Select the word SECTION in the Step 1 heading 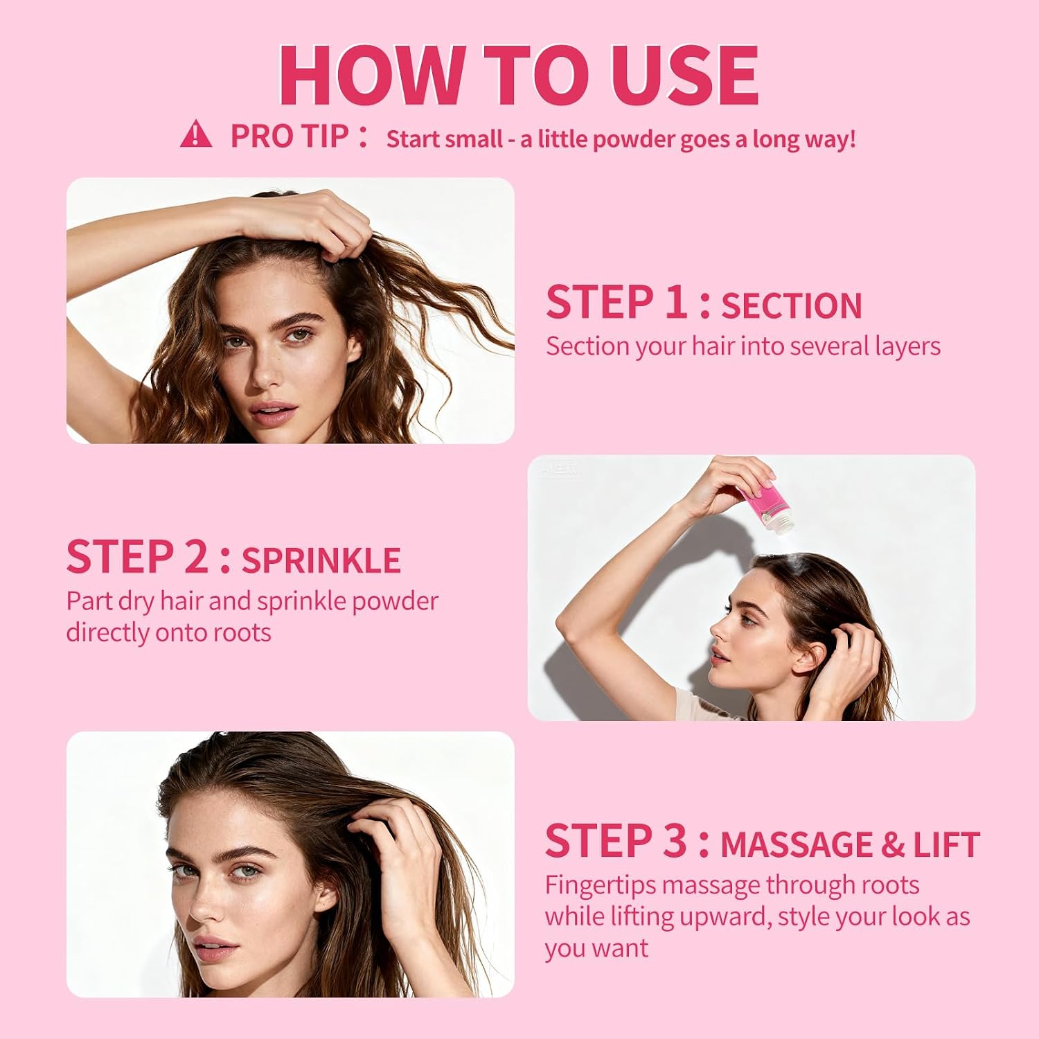[792, 306]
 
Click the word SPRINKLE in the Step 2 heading [321, 561]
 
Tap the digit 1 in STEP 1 [675, 302]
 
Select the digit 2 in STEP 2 [196, 557]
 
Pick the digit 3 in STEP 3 [675, 841]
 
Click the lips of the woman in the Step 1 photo [273, 413]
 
